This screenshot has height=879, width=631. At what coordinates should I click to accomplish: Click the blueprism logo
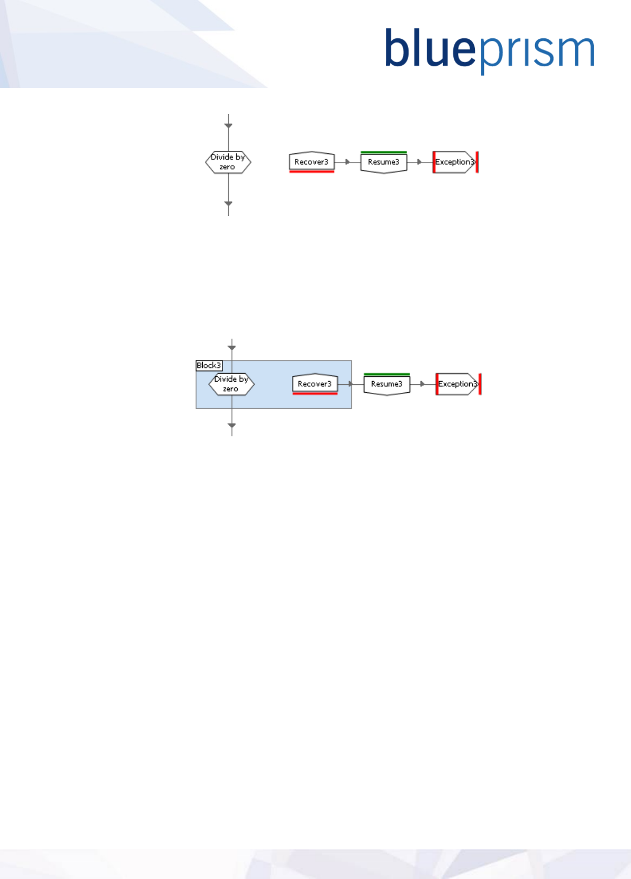489,50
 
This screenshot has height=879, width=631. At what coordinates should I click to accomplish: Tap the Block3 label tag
209,365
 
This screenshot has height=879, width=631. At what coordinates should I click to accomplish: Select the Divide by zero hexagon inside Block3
231,384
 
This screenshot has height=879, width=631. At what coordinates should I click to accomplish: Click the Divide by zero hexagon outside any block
228,162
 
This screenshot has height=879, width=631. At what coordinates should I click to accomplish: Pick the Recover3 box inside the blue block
315,383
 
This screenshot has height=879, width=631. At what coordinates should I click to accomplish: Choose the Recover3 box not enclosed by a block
312,161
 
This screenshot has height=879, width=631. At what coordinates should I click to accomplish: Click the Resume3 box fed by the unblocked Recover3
384,162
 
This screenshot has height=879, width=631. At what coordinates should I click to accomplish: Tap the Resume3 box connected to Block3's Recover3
387,384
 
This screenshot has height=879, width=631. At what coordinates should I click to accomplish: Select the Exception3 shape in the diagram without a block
454,162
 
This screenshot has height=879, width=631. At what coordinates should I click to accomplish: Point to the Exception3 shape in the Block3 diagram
457,384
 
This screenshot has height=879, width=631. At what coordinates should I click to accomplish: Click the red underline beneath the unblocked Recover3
312,171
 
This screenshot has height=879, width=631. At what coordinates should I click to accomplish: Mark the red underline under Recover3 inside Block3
315,393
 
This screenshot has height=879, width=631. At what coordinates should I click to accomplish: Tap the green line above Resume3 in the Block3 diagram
387,374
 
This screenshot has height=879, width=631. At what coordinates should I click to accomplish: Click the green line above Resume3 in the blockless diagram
384,152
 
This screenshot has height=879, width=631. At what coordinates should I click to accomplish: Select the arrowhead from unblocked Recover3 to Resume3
348,162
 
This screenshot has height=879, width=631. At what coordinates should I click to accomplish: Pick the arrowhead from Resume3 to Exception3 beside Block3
422,384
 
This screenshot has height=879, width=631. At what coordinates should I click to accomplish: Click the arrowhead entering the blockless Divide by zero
228,126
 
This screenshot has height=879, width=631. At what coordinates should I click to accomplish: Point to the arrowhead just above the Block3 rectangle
232,348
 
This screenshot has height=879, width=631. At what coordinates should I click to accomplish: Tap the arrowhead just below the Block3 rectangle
232,426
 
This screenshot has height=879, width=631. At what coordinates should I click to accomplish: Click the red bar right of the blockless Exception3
478,162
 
